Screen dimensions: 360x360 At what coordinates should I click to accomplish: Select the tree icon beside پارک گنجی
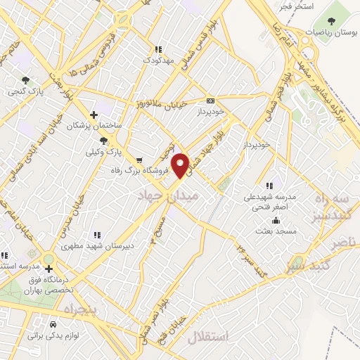(25, 81)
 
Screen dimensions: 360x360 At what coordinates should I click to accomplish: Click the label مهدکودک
(157, 61)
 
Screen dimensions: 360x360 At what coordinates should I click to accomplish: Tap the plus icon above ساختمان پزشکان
(94, 115)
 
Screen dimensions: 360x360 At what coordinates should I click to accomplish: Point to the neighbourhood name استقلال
(209, 336)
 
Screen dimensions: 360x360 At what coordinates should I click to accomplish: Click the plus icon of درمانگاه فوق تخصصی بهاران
(49, 269)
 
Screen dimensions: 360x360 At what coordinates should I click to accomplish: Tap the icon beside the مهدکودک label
(157, 50)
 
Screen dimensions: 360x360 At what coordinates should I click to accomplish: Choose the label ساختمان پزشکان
(90, 126)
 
